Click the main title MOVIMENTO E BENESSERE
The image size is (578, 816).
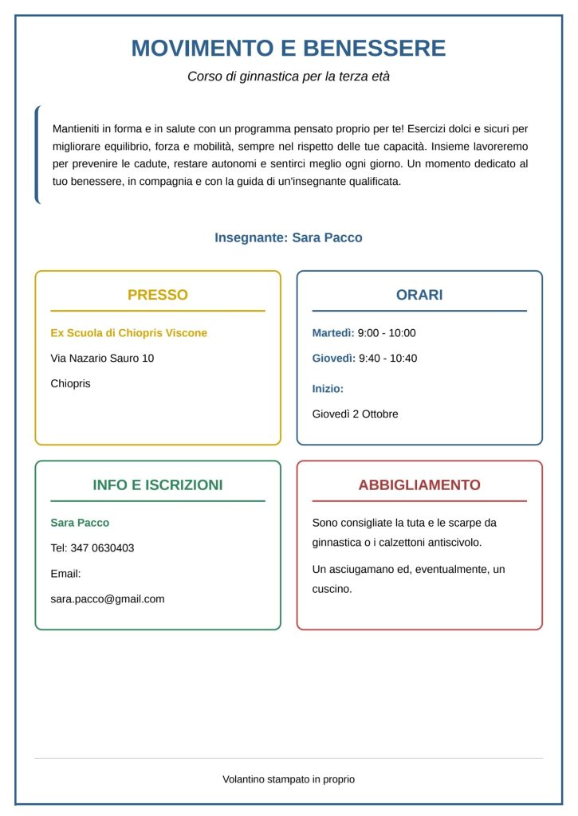coord(289,49)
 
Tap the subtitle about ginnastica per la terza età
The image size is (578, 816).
coord(289,77)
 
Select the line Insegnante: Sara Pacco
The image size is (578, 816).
coord(289,237)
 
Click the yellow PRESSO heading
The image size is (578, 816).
coord(158,295)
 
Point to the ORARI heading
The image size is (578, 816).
coord(419,295)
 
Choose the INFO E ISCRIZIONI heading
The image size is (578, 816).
coord(158,484)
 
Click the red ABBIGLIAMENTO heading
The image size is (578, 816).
coord(419,484)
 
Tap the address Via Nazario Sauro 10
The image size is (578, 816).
coord(102,359)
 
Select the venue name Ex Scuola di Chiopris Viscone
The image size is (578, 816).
coord(128,333)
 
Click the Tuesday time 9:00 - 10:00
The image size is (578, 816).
coord(387,333)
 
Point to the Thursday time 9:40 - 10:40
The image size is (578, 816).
coord(387,359)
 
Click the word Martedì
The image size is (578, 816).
coord(332,333)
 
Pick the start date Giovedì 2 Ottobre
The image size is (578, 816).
coord(355,414)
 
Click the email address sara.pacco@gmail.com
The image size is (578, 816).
coord(108,599)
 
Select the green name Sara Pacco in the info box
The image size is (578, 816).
coord(80,523)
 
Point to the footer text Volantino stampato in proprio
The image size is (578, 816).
coord(289,779)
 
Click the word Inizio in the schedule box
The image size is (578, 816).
coord(328,389)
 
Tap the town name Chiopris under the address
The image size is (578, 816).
coord(71,384)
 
